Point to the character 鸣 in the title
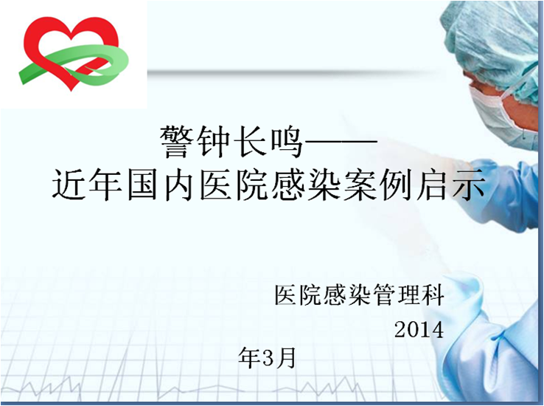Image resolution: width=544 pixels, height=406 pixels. (285, 140)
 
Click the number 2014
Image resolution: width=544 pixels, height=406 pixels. (419, 329)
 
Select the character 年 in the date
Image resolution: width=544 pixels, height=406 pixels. (251, 358)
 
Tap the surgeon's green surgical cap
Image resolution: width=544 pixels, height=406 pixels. (493, 37)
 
